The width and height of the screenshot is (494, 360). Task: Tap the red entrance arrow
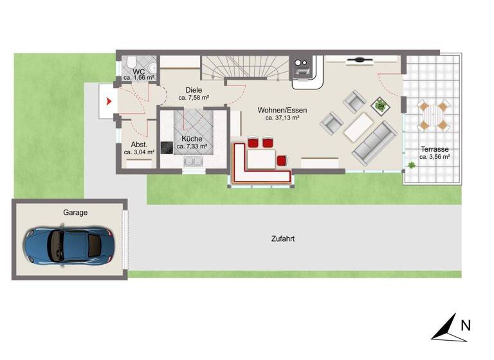click(109, 101)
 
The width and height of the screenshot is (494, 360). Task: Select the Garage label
click(75, 212)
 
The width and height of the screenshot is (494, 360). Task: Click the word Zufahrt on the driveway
click(283, 239)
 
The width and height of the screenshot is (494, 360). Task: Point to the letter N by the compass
click(466, 325)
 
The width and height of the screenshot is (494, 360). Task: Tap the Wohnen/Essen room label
click(282, 110)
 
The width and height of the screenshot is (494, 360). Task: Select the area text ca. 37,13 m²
click(282, 118)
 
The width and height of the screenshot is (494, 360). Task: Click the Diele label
click(193, 90)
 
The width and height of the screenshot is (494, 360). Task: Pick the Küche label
click(192, 139)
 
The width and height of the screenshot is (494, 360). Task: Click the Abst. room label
click(140, 145)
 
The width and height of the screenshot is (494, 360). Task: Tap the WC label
click(138, 71)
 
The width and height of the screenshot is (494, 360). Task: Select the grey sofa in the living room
click(374, 142)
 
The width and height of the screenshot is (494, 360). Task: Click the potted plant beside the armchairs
click(380, 104)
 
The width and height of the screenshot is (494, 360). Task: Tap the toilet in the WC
click(149, 69)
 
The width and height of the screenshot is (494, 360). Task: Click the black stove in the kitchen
click(167, 147)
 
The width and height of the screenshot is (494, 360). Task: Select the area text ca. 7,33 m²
click(192, 147)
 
